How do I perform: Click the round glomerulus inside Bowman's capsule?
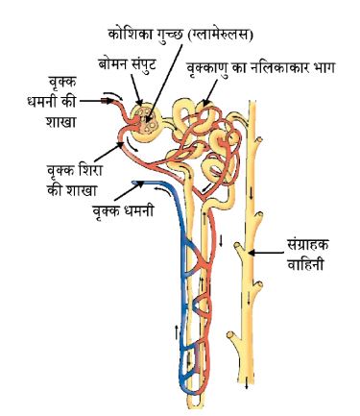147,120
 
